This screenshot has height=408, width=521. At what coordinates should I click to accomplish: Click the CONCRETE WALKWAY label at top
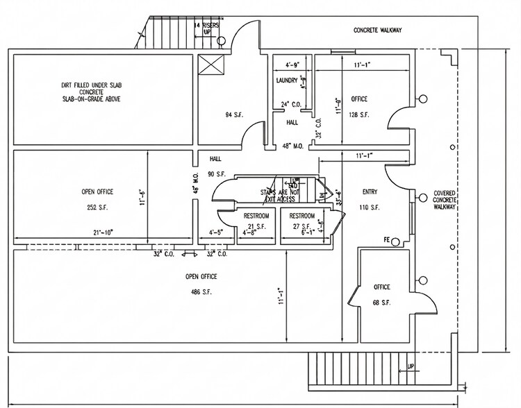tap(378, 31)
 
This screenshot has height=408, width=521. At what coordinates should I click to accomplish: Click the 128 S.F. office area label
tap(359, 113)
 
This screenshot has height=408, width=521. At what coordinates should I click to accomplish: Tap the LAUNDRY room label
tap(286, 80)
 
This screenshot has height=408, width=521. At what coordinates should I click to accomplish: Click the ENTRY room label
tap(370, 192)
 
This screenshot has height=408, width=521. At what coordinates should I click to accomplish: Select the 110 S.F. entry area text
tap(370, 207)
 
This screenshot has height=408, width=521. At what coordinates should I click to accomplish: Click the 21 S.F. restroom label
tap(256, 226)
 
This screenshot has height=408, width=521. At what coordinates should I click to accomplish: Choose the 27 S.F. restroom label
tap(302, 226)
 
